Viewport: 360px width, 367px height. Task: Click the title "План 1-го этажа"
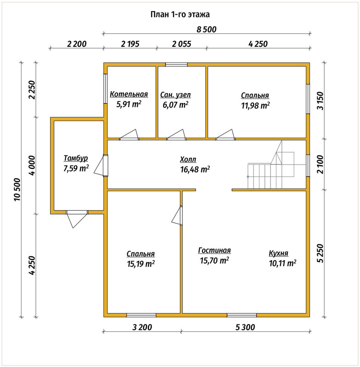point(180,15)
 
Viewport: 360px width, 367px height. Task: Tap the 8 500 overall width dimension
point(206,29)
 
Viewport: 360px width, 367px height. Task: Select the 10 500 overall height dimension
point(17,189)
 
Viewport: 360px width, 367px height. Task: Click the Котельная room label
point(129,94)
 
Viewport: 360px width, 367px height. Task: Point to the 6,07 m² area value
point(175,105)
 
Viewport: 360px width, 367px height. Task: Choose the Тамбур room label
point(76,158)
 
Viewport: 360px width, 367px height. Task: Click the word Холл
point(188,160)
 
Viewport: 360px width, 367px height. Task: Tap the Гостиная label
point(214,250)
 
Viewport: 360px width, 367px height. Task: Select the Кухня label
point(278,253)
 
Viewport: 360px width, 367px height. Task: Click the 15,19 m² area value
point(141,264)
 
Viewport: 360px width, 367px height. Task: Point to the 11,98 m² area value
point(255,106)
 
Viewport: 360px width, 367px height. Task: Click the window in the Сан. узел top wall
point(176,65)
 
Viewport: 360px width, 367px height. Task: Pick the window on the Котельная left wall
point(106,89)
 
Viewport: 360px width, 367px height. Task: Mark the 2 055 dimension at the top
point(181,44)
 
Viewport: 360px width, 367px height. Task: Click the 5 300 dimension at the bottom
point(245,327)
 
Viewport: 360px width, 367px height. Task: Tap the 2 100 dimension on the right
point(321,164)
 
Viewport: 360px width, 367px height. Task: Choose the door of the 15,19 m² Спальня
point(177,216)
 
